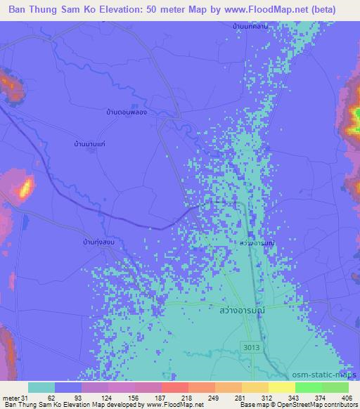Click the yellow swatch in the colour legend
coord(282,387)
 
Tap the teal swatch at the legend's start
coord(41,387)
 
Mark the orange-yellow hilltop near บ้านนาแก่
coord(26,187)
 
